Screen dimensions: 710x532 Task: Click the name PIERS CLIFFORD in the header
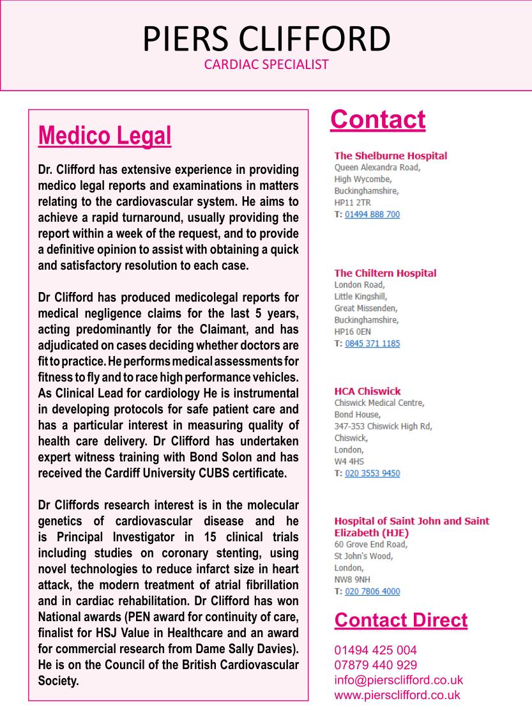pyautogui.click(x=266, y=40)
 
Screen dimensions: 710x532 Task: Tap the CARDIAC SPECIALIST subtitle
pyautogui.click(x=266, y=65)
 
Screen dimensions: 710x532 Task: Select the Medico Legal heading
pyautogui.click(x=105, y=135)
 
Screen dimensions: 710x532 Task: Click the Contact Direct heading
pyautogui.click(x=400, y=620)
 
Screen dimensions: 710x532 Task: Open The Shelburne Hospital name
pyautogui.click(x=390, y=155)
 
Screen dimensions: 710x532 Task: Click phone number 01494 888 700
pyautogui.click(x=372, y=214)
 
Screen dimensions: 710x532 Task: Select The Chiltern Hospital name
pyautogui.click(x=385, y=273)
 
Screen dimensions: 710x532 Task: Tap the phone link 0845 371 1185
pyautogui.click(x=372, y=343)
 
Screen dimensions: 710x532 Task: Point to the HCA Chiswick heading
pyautogui.click(x=367, y=391)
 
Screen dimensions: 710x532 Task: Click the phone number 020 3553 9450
pyautogui.click(x=372, y=474)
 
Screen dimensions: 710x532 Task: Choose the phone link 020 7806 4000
pyautogui.click(x=372, y=591)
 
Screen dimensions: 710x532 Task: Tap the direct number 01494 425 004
pyautogui.click(x=376, y=650)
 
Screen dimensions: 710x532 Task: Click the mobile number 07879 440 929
pyautogui.click(x=376, y=665)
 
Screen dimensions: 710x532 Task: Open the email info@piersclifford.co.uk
pyautogui.click(x=399, y=680)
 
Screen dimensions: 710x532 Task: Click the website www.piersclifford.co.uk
pyautogui.click(x=397, y=695)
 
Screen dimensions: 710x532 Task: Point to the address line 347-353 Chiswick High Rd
pyautogui.click(x=383, y=426)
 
